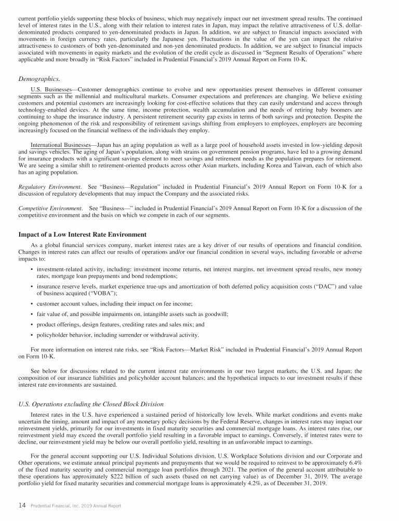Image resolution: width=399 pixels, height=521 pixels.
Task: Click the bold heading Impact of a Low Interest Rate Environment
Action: coord(83,235)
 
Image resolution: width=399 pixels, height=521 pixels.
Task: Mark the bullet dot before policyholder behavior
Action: coord(32,335)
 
